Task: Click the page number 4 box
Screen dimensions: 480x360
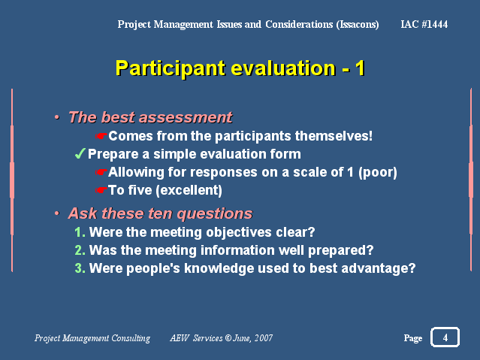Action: click(445, 337)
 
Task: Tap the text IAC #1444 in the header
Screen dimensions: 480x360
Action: click(424, 24)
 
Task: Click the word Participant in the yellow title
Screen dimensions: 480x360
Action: click(171, 68)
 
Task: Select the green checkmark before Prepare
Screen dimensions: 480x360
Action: click(80, 153)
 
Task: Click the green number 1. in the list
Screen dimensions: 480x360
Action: click(80, 232)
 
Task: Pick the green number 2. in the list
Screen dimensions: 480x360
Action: click(80, 250)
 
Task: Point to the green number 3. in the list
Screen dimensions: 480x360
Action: click(80, 268)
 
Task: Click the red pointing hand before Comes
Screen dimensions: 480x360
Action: click(101, 136)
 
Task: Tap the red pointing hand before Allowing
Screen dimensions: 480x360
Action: click(101, 172)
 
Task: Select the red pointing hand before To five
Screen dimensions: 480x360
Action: click(101, 190)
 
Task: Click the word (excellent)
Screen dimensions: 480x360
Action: click(189, 190)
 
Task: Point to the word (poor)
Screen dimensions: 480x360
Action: click(378, 172)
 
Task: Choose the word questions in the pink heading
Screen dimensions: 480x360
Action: click(215, 213)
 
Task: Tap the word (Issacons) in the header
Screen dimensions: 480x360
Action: click(358, 24)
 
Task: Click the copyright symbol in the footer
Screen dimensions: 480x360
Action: click(228, 337)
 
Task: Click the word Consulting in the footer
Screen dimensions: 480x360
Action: click(131, 338)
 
